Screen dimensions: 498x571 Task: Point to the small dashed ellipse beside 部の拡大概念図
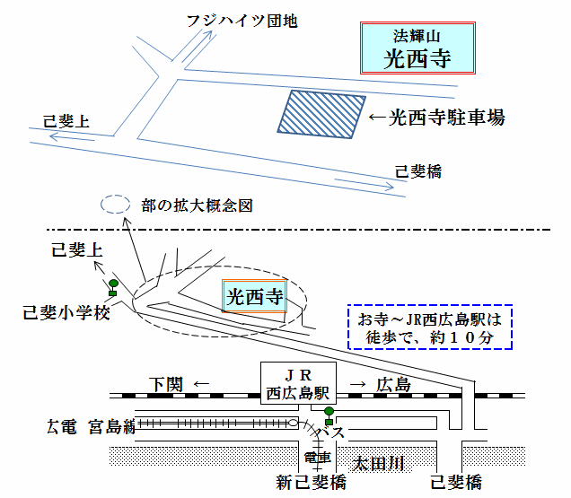(114, 205)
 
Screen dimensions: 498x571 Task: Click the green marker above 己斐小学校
(113, 286)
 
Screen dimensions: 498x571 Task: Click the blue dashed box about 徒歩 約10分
(429, 328)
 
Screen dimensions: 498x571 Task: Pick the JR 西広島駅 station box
(298, 384)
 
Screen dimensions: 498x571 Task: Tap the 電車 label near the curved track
(317, 458)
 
